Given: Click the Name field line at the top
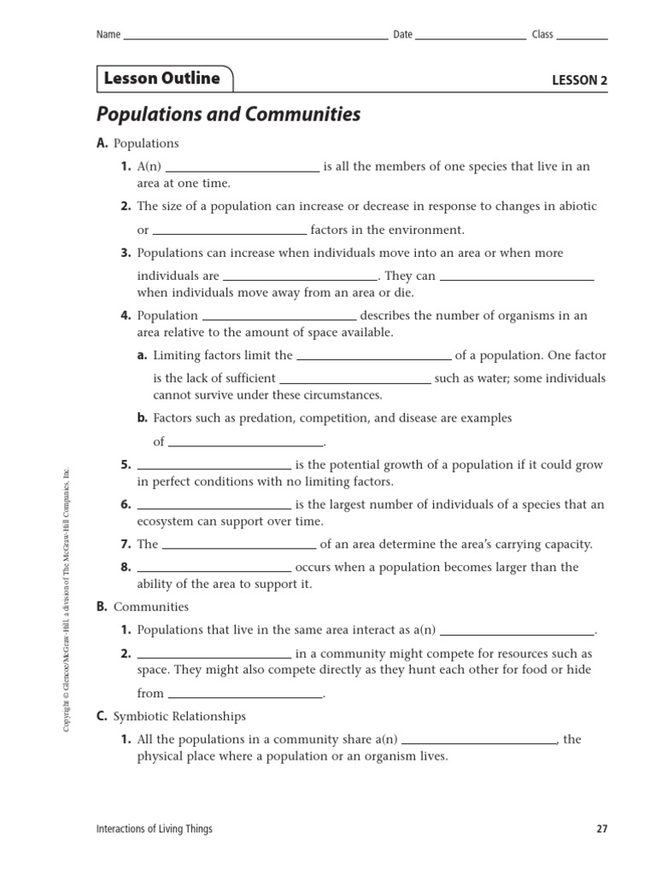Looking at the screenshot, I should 255,38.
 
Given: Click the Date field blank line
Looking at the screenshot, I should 471,38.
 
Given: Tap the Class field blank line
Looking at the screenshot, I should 583,38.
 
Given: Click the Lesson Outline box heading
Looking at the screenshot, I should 162,79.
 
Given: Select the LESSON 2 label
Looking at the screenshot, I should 579,81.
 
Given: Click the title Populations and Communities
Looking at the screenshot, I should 228,114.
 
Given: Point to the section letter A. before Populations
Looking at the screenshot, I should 102,143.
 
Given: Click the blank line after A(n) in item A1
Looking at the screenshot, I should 246,170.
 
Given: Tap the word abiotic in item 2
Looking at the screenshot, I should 577,207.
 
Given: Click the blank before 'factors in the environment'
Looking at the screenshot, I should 229,232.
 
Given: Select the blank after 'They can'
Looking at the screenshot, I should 516,278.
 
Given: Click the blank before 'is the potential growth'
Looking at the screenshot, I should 214,468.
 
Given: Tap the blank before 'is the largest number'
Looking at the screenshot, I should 214,507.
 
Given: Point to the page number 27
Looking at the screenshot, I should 600,829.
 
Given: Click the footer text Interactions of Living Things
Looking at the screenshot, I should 155,829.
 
